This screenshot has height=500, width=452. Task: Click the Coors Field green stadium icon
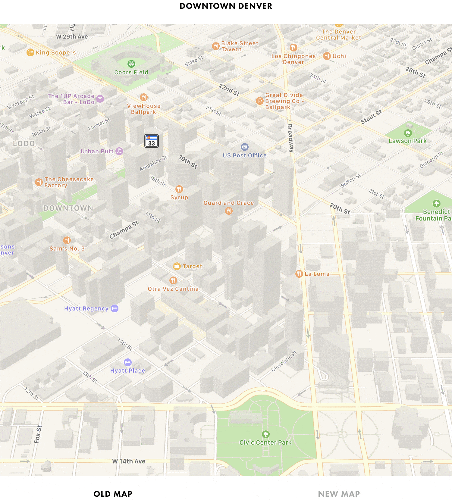(131, 64)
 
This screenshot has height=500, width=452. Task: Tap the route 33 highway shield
(152, 141)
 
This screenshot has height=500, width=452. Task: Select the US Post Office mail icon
(245, 147)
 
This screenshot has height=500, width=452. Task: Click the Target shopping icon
(177, 266)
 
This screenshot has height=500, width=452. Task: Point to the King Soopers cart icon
(30, 52)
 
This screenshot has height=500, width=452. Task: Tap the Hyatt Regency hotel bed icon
(115, 308)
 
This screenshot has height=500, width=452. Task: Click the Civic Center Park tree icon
(265, 434)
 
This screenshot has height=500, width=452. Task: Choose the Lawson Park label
(407, 141)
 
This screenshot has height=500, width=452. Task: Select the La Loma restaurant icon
(299, 274)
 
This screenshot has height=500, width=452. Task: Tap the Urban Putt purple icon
(119, 151)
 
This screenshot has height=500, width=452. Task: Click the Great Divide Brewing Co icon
(259, 101)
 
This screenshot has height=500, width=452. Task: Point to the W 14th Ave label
(129, 461)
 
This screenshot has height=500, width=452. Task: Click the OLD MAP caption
(113, 494)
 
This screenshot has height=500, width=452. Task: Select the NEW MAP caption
(339, 494)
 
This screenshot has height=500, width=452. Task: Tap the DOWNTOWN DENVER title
(226, 6)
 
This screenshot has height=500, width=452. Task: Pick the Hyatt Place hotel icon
(128, 362)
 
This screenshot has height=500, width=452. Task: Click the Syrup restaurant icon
(179, 189)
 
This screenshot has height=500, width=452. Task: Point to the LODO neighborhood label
(24, 144)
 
